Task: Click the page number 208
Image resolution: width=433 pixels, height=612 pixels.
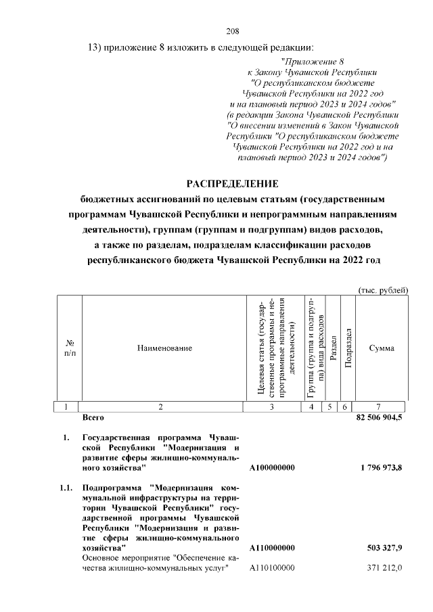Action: tap(233, 31)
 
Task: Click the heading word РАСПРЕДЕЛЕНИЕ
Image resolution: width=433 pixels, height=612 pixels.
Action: tap(233, 183)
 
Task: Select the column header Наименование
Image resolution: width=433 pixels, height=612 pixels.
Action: tap(160, 348)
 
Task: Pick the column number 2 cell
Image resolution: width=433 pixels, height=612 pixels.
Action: tap(160, 407)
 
